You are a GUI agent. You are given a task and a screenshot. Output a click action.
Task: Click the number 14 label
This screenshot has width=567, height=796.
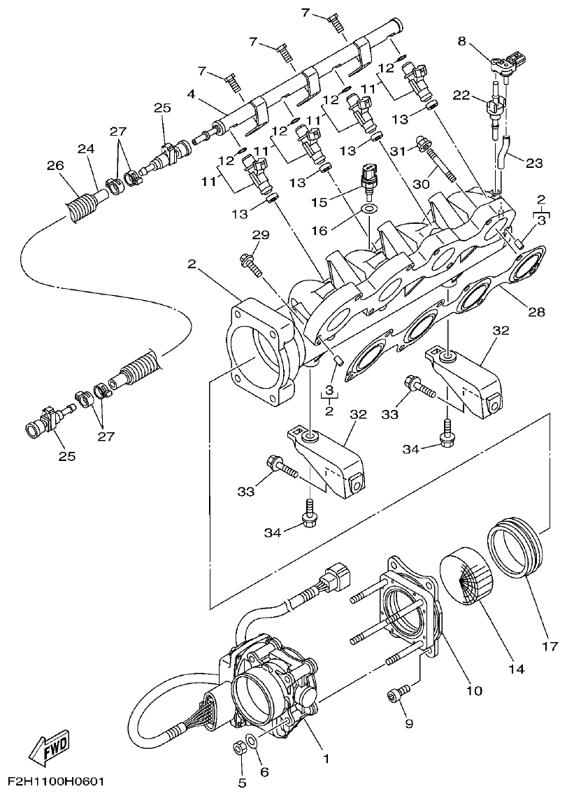click(x=516, y=669)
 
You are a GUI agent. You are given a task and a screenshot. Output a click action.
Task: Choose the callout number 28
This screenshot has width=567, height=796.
click(x=536, y=312)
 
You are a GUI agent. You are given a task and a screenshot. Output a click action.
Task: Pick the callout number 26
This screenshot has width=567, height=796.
click(x=55, y=166)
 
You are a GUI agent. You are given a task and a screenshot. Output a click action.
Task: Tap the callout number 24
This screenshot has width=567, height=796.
click(x=85, y=149)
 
